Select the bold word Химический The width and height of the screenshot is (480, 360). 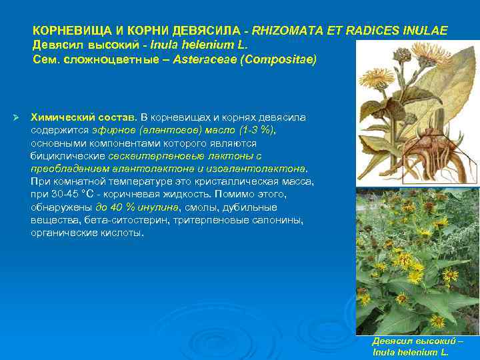[62, 117]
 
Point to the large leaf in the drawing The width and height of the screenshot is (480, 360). [447, 100]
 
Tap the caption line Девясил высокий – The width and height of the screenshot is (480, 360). [417, 341]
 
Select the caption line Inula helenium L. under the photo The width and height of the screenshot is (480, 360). [409, 351]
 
